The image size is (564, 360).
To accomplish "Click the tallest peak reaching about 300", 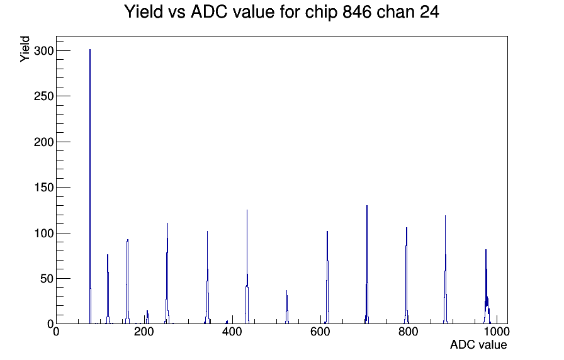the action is [90, 186].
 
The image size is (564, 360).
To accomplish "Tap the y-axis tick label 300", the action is [43, 51].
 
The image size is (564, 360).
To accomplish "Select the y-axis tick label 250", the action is [43, 96].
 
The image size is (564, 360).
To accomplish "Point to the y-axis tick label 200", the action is [43, 142].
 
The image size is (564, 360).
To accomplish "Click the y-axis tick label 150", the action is [43, 188].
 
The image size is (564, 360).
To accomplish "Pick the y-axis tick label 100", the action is [43, 233].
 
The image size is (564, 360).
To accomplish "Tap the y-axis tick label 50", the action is [47, 279].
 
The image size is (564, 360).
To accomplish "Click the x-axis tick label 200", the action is [144, 332].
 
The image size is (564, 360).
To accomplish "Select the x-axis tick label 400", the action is [232, 332].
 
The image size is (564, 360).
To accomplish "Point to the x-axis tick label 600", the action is [320, 332].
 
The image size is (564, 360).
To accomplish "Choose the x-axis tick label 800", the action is [409, 332].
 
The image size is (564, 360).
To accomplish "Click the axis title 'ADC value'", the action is [478, 345].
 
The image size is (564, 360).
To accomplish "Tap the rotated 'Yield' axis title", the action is [25, 49].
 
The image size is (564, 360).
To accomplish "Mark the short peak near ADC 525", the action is [287, 307].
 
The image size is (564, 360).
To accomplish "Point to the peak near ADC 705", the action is [367, 265].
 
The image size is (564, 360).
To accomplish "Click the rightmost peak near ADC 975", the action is [487, 286].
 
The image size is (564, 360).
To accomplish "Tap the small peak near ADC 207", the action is [147, 317].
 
